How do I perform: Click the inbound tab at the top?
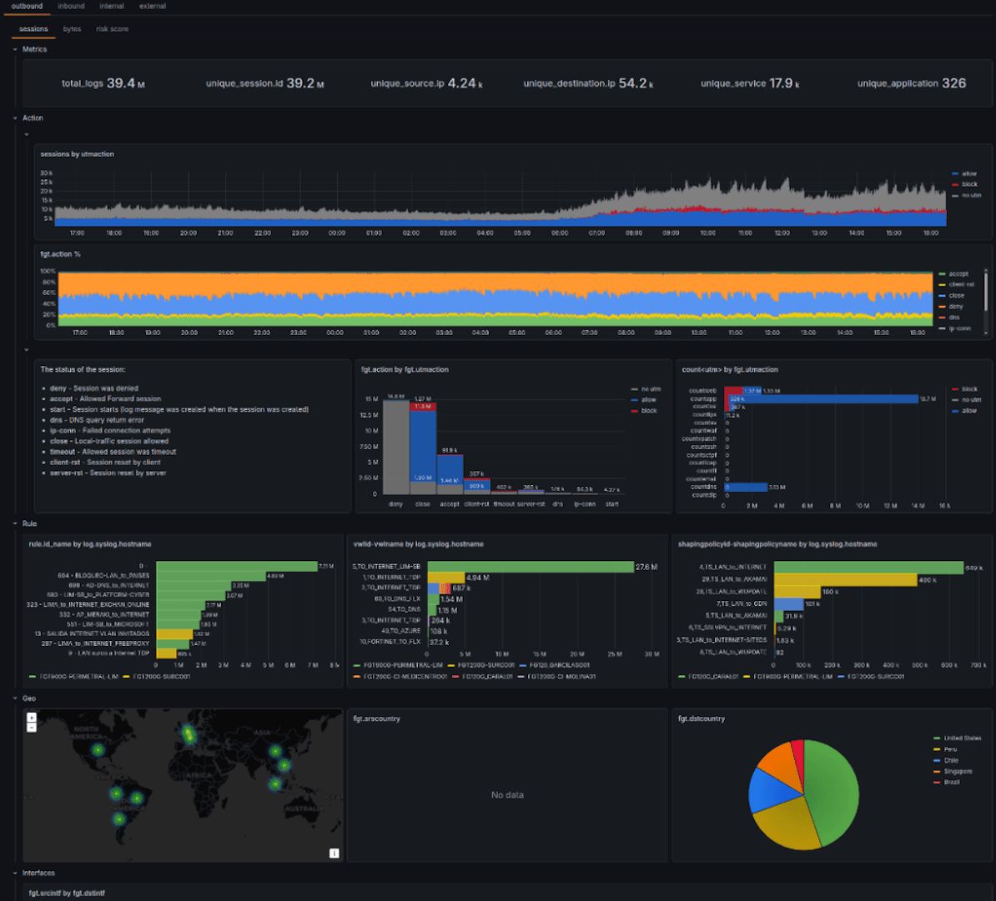71,6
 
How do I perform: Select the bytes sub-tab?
73,29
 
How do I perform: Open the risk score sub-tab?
112,29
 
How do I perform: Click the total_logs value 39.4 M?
125,83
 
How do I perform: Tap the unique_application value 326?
953,83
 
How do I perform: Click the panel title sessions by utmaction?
78,154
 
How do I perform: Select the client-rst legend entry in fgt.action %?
962,284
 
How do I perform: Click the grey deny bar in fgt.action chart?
396,450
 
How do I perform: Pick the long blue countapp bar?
826,399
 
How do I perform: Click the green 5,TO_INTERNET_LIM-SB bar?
531,567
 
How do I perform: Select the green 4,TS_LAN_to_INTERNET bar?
868,567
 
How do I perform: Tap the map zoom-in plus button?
32,718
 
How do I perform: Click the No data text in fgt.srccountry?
507,795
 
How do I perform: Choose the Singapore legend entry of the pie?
958,771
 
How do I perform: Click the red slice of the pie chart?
797,754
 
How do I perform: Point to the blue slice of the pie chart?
765,790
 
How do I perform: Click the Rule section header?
29,523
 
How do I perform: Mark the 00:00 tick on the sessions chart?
337,233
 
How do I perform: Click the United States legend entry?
962,738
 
